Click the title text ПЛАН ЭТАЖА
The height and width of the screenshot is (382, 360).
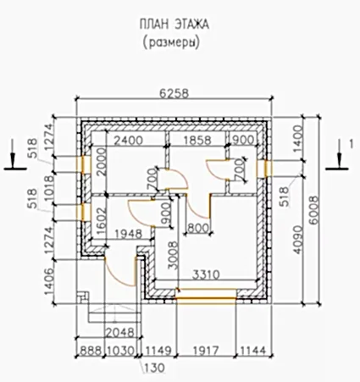pos(174,25)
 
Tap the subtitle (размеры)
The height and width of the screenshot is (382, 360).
pos(171,42)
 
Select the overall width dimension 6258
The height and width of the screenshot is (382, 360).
pos(174,93)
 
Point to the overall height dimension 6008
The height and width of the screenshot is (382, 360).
pos(313,210)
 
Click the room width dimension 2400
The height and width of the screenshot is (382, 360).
pos(128,140)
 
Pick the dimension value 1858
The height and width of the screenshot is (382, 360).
pos(197,140)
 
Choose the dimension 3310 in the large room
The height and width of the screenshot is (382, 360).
pos(206,274)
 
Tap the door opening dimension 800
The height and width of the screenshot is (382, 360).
pos(198,228)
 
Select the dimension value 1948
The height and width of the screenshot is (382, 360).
pos(128,234)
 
